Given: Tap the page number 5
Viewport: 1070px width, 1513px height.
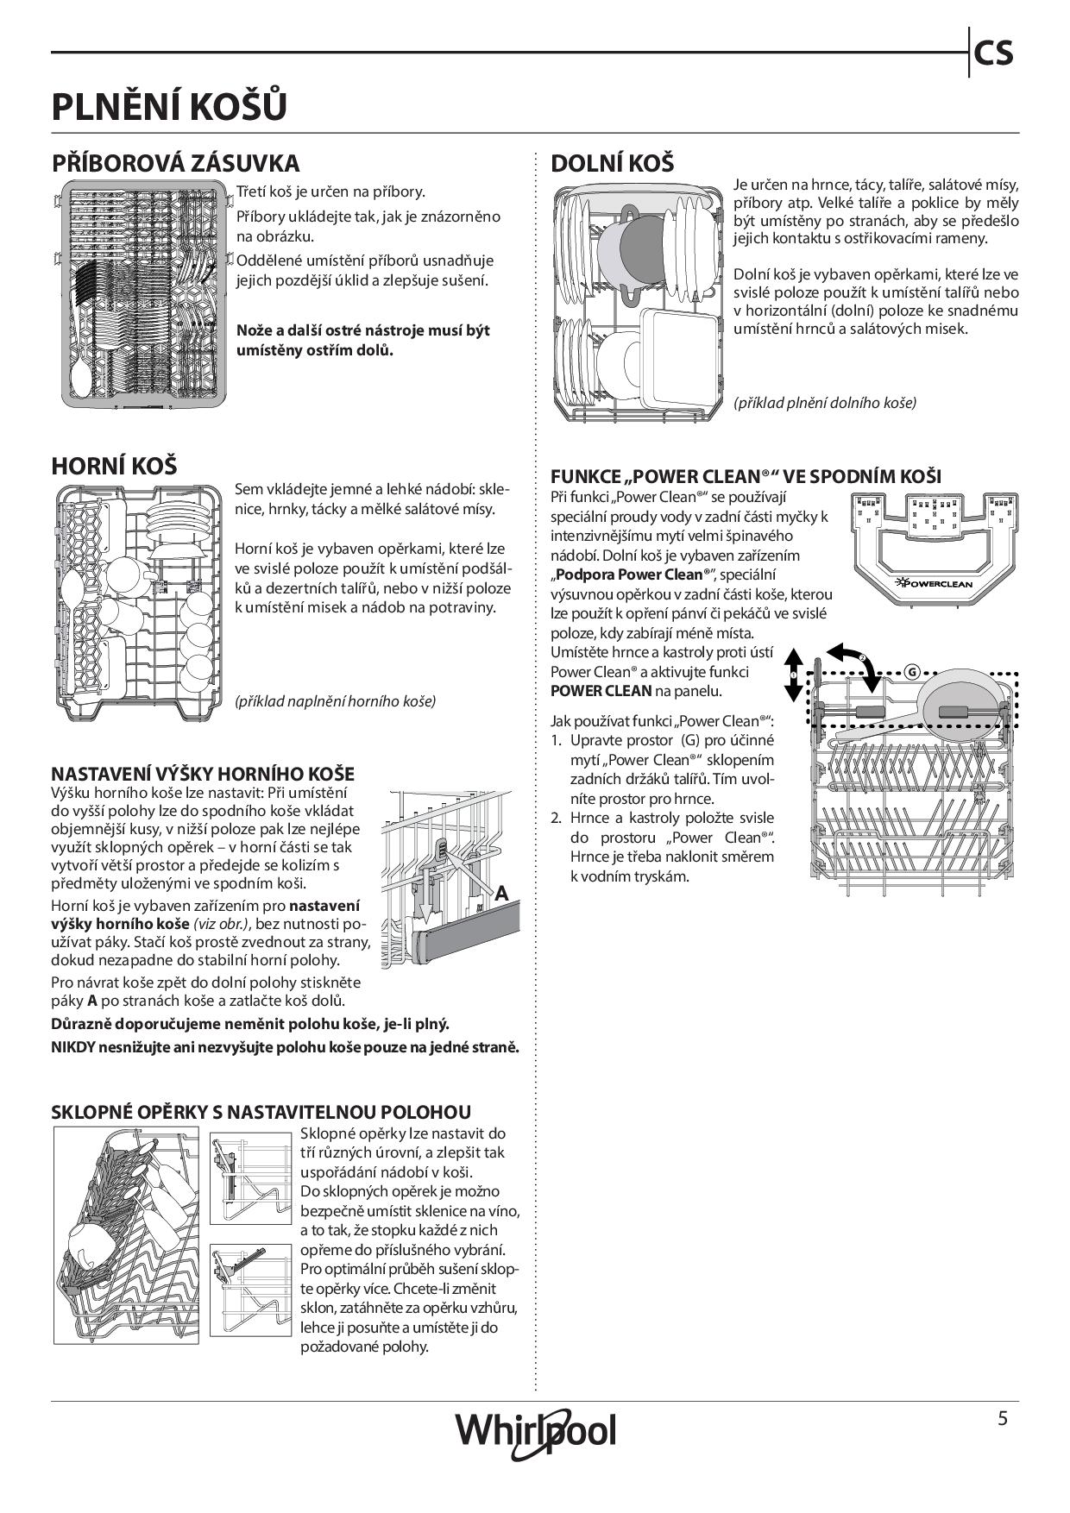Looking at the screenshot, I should click(1002, 1418).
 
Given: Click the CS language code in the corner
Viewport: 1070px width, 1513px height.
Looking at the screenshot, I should click(993, 54).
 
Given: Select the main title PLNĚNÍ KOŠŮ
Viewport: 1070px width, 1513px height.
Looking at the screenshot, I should click(169, 108).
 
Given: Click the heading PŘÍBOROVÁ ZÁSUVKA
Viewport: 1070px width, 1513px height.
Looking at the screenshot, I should click(175, 163).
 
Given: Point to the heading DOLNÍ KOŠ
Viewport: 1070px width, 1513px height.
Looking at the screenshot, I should click(612, 163).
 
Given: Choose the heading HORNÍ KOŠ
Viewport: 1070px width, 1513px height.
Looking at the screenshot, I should click(114, 466).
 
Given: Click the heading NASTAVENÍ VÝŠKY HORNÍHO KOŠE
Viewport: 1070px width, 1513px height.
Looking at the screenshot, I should click(203, 774).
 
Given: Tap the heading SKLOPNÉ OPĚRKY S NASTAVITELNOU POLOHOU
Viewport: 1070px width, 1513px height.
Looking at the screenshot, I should click(261, 1112).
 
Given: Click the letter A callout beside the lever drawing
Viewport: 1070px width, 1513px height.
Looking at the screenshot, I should click(501, 894).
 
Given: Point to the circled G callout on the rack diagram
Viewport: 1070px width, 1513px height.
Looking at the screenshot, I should click(912, 673).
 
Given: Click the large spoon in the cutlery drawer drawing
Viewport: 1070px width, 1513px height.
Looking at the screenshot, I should click(81, 371).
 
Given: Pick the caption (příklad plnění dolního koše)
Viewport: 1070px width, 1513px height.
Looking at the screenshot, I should click(824, 402).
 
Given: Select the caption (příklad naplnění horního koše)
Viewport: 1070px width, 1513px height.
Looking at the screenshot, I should click(335, 700).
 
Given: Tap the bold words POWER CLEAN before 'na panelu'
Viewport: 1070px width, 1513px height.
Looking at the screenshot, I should click(601, 690).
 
